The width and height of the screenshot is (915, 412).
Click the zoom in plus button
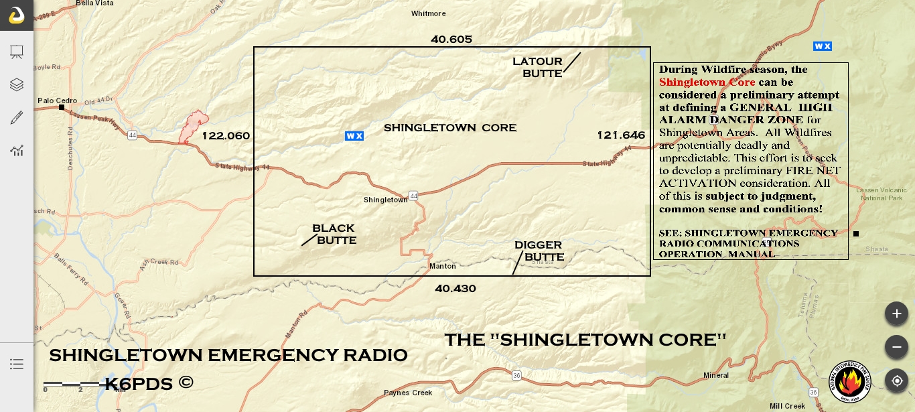(896, 314)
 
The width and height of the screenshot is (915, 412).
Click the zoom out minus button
(896, 346)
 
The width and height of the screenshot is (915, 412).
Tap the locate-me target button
(896, 381)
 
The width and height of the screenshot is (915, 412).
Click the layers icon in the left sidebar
(17, 84)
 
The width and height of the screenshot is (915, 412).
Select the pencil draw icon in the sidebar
(17, 118)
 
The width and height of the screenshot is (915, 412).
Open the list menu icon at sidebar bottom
(17, 364)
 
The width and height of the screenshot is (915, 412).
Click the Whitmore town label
(428, 13)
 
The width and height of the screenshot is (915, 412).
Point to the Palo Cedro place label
(57, 101)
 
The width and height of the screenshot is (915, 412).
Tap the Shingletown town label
(385, 200)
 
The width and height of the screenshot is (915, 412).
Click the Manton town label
(442, 266)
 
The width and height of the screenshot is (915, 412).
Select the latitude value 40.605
(451, 40)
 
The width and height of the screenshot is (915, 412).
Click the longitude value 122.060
(226, 136)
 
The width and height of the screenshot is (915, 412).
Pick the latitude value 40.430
(455, 289)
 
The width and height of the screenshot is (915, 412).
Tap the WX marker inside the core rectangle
(354, 136)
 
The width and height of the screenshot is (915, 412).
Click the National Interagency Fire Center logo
(850, 382)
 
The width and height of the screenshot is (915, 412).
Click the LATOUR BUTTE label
(537, 68)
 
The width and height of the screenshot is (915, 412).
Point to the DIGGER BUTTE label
(539, 251)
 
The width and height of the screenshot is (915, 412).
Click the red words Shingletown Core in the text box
(707, 82)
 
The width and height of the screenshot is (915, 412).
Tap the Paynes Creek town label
(407, 393)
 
